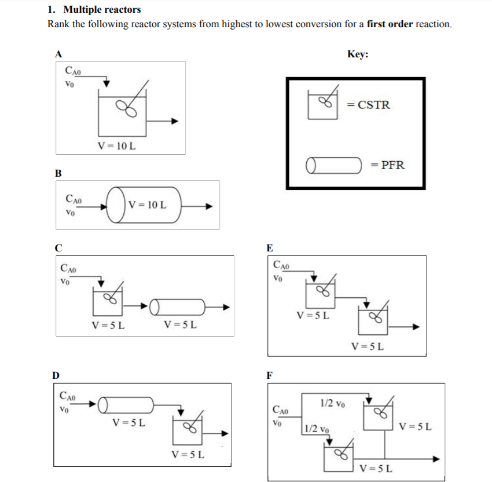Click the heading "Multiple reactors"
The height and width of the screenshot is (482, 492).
point(101,10)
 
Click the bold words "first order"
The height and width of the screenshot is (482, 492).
point(391,24)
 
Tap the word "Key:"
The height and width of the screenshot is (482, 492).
point(358,54)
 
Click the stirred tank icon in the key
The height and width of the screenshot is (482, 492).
point(322,105)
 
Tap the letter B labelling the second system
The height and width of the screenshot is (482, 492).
point(58,173)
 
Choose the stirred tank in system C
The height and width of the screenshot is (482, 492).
point(108,300)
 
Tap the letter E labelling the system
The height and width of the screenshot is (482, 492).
point(270,248)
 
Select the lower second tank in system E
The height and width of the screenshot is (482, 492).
point(373,320)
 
